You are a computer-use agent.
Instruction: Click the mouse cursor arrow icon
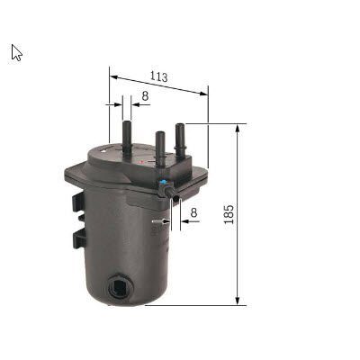[x=16, y=52]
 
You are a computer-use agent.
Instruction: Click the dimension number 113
[x=158, y=76]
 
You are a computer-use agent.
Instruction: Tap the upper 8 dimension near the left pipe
[x=144, y=96]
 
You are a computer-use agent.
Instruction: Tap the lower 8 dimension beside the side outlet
[x=193, y=212]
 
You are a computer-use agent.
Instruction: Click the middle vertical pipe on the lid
[x=160, y=145]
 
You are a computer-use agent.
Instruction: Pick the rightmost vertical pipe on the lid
[x=180, y=136]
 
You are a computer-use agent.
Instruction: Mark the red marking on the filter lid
[x=141, y=162]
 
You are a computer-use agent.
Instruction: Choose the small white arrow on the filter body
[x=157, y=220]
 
